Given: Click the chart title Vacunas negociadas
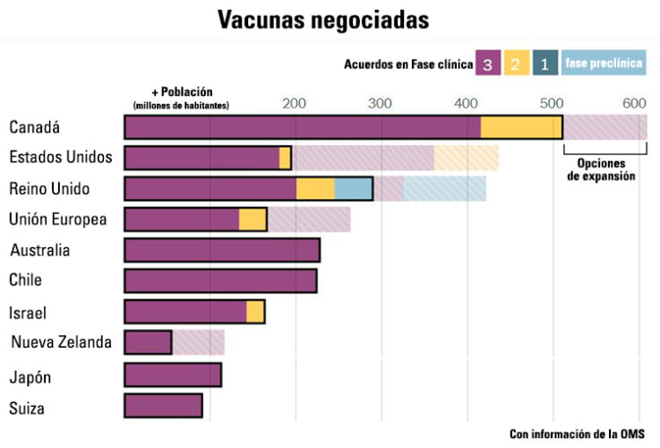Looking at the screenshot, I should (x=323, y=21).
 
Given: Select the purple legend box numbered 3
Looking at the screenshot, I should (x=487, y=65).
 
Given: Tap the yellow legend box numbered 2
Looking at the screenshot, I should (x=515, y=65).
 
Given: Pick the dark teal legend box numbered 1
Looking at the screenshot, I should (x=543, y=65).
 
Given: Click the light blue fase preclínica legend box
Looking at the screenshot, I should (x=604, y=65).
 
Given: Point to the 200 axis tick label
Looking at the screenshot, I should (x=295, y=104).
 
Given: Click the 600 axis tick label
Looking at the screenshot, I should (x=634, y=104).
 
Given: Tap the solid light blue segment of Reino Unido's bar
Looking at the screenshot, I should (x=354, y=188).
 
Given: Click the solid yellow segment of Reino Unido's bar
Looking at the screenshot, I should (x=315, y=188).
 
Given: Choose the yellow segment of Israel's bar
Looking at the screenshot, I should (x=255, y=311).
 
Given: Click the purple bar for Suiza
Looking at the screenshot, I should (x=163, y=406).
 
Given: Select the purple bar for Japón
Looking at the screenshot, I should (x=173, y=375).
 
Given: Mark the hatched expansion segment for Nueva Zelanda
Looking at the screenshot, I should (x=198, y=342).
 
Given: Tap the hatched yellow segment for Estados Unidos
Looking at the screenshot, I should (x=467, y=158).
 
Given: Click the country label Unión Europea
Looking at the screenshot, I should (x=57, y=219).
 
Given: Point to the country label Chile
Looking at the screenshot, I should (x=26, y=280).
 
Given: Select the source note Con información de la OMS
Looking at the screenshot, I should (x=577, y=434).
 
